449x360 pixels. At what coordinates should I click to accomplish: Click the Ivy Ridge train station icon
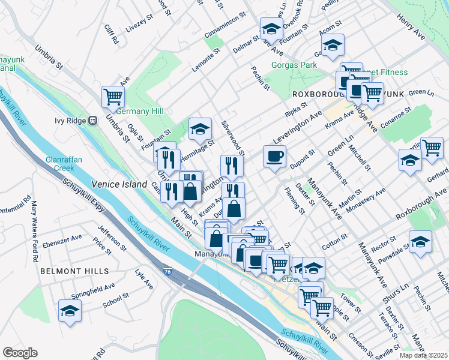pos(92,120)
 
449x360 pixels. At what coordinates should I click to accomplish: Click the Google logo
pos(20,353)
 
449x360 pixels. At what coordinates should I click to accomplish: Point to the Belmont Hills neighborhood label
pos(66,271)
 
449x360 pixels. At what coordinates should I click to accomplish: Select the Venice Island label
pos(119,184)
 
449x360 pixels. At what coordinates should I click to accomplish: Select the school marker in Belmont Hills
pos(70,311)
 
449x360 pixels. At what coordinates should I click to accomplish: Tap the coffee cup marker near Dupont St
pos(274,157)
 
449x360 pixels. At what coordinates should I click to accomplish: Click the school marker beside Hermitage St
pos(200,128)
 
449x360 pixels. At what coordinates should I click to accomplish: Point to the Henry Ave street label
pos(411,28)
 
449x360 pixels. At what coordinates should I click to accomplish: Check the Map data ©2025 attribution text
pos(423,355)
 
